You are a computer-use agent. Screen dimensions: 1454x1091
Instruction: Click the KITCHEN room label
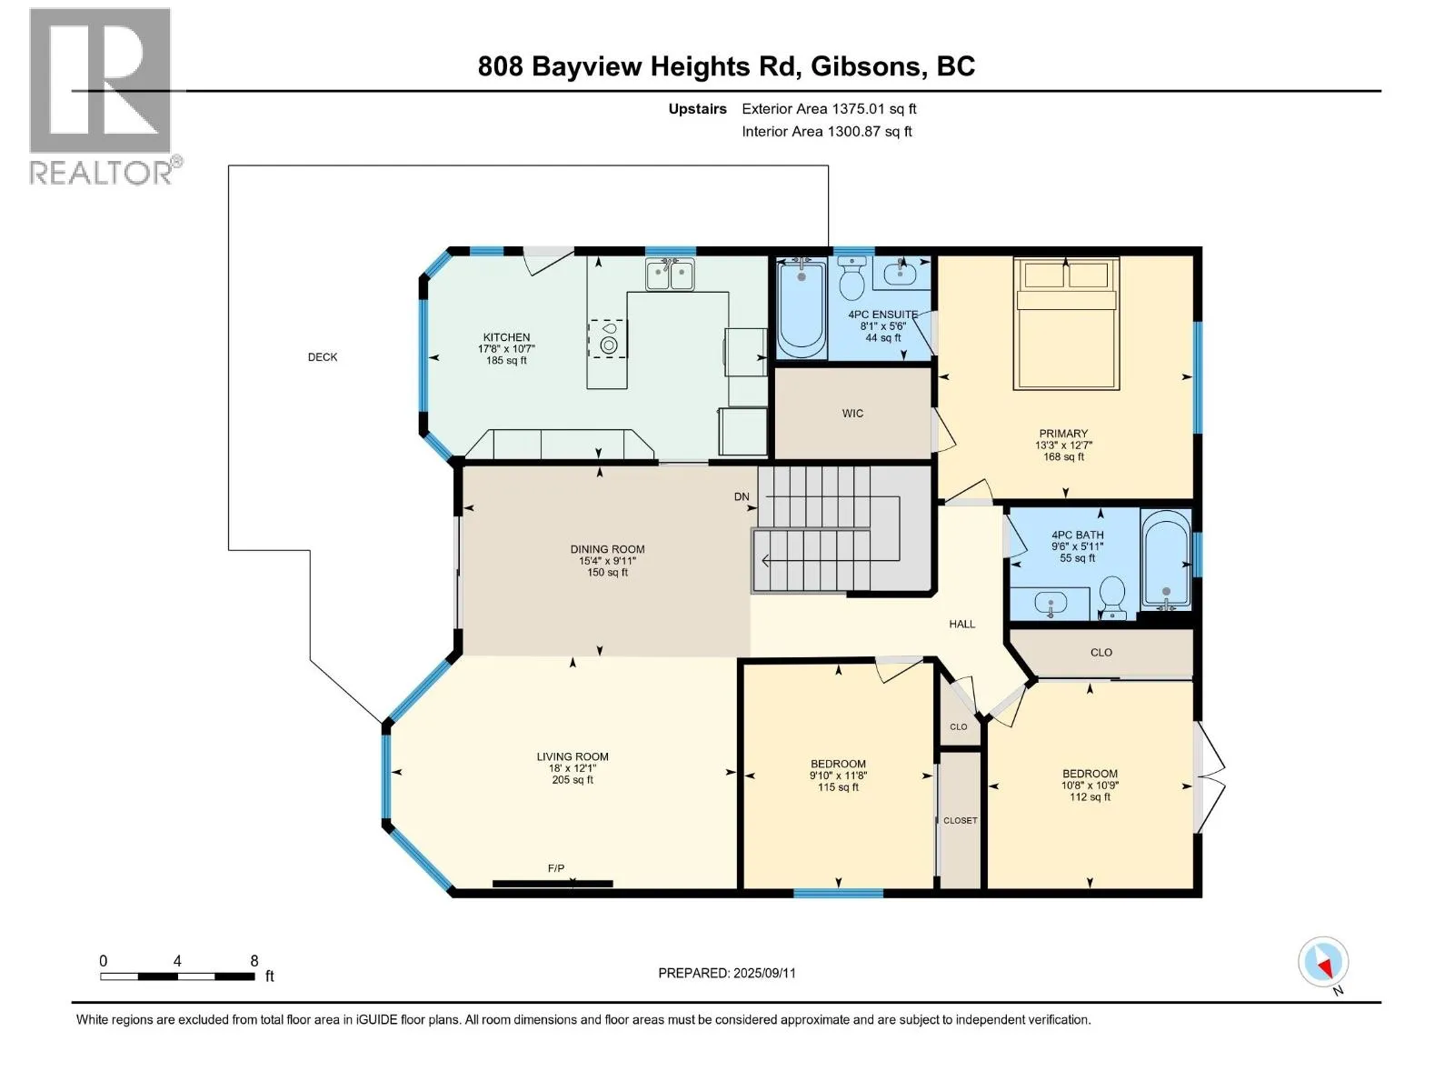coord(506,337)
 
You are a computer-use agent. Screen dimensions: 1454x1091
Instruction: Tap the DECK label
coord(323,357)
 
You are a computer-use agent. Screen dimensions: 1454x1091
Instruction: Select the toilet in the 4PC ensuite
coord(851,278)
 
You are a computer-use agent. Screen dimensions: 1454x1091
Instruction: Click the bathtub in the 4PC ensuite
coord(802,309)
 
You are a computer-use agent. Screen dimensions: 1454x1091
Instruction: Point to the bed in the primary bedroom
coord(1066,324)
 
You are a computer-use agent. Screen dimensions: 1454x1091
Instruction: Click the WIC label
coord(852,414)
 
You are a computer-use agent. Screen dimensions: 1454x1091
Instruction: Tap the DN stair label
coord(742,496)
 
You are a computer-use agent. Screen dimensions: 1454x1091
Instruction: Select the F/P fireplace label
coord(556,867)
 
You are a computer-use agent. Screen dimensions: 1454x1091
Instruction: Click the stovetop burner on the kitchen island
coord(608,345)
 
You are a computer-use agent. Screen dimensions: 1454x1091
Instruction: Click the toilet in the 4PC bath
coord(1113,596)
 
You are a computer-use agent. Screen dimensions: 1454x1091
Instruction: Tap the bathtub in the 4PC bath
coord(1167,559)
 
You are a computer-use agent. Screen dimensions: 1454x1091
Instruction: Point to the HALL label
coord(961,624)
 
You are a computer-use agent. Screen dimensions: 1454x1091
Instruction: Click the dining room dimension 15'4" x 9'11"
coord(607,561)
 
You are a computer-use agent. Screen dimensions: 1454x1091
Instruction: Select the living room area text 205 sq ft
coord(573,780)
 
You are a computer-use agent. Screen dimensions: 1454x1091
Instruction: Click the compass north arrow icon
coord(1323,962)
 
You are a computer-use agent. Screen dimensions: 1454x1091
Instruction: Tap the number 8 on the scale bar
coord(254,960)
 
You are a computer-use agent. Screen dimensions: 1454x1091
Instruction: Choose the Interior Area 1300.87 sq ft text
coord(827,131)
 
